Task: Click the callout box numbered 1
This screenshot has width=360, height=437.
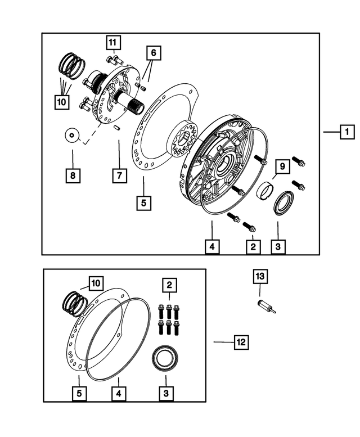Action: pyautogui.click(x=347, y=133)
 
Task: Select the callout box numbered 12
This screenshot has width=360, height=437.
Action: pyautogui.click(x=241, y=341)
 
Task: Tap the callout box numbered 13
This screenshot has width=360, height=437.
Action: pyautogui.click(x=260, y=277)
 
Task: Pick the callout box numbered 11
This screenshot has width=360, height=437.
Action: pyautogui.click(x=114, y=42)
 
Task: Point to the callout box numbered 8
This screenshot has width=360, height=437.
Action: pyautogui.click(x=72, y=175)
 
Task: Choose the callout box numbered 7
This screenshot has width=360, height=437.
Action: pyautogui.click(x=119, y=175)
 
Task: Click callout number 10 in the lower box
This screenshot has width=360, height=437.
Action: pyautogui.click(x=95, y=283)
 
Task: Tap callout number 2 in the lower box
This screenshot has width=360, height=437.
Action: pyautogui.click(x=168, y=286)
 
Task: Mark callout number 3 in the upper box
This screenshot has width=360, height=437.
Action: pyautogui.click(x=277, y=246)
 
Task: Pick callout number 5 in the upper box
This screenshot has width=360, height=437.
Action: pyautogui.click(x=143, y=202)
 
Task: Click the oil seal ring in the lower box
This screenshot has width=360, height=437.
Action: pyautogui.click(x=165, y=358)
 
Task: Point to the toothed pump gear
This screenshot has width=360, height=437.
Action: pyautogui.click(x=182, y=139)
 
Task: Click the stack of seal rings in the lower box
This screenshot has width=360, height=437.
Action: pyautogui.click(x=74, y=304)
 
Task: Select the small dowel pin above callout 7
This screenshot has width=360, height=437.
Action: pyautogui.click(x=117, y=128)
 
